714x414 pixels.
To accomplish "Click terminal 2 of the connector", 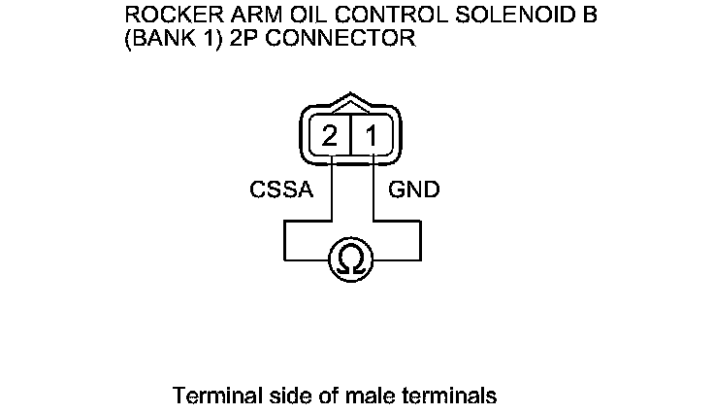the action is [330, 137].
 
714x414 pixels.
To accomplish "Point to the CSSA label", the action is [281, 190].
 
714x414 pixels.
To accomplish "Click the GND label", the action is [414, 190].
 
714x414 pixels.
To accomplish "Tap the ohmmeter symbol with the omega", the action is [351, 259].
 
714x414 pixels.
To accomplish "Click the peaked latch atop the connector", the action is [350, 104].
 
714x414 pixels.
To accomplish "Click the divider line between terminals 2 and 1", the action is [350, 137].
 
